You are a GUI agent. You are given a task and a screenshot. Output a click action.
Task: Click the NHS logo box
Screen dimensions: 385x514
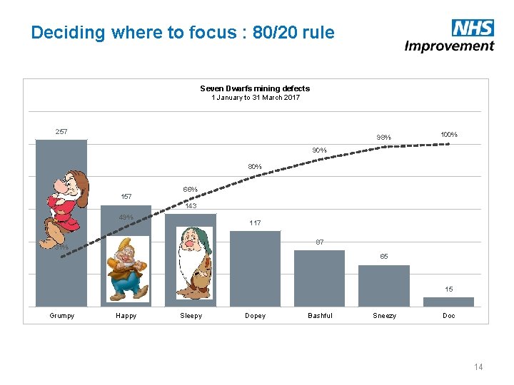(473, 28)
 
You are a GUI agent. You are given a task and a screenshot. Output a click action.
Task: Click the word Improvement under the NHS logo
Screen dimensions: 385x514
(449, 46)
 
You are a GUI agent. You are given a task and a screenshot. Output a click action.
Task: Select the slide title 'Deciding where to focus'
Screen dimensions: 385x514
(182, 33)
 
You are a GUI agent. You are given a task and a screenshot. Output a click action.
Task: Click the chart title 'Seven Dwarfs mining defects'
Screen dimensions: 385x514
(255, 88)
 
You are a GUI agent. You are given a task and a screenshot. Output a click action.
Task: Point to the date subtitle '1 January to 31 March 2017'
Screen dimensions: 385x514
(255, 98)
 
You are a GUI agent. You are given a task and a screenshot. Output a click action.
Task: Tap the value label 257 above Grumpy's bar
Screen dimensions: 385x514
(61, 132)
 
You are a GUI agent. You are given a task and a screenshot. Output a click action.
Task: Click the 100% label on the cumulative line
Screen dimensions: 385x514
(449, 134)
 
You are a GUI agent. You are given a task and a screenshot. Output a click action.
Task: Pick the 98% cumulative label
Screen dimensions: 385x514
(384, 138)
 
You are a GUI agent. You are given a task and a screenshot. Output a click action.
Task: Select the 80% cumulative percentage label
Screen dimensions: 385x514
(255, 167)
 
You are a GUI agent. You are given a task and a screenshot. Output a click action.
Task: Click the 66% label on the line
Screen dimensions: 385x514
(190, 190)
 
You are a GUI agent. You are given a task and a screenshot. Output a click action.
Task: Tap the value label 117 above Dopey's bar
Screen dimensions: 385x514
(255, 223)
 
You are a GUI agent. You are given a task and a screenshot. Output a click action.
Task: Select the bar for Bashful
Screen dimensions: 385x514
(319, 278)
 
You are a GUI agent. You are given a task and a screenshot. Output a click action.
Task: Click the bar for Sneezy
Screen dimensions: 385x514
(384, 286)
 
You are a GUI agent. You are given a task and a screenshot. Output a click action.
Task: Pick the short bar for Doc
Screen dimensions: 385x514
(449, 302)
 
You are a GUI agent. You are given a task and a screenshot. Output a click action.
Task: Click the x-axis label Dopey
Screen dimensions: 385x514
(255, 316)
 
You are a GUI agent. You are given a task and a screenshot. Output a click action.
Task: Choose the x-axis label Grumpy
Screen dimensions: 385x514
(61, 316)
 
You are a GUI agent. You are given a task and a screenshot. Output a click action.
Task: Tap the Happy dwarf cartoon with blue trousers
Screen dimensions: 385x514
(126, 268)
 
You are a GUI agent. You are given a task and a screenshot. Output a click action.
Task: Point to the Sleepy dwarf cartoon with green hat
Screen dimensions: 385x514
(191, 261)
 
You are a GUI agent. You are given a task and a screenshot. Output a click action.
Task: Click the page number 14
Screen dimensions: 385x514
(478, 366)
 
